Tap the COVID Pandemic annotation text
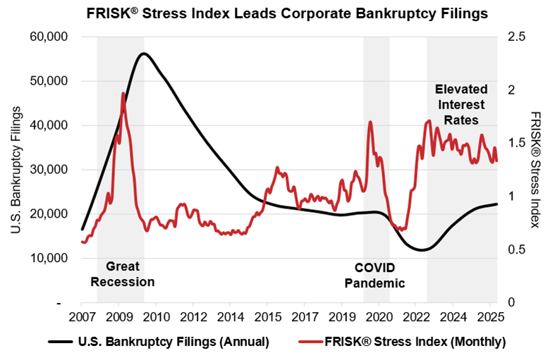(375, 275)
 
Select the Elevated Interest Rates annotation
(461, 104)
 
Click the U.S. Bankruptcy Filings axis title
(15, 170)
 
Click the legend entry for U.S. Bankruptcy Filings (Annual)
(159, 342)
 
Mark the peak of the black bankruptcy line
(143, 54)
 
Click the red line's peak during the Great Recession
(123, 93)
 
